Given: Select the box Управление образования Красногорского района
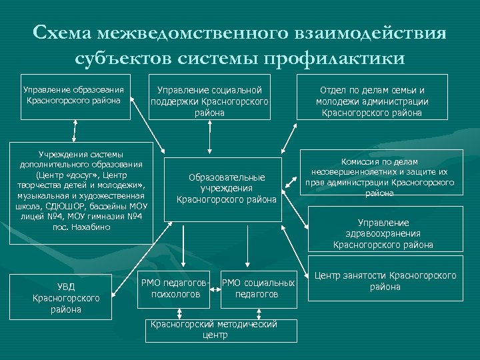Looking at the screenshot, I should tap(73, 97).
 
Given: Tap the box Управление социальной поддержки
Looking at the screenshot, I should tap(209, 97).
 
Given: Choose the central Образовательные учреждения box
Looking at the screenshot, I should tap(226, 188).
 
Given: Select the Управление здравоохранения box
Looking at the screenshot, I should tap(383, 233).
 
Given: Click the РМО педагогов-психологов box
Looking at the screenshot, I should tap(177, 288).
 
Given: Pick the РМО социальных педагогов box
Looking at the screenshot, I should tap(257, 288).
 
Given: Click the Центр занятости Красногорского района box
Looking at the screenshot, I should tap(385, 281).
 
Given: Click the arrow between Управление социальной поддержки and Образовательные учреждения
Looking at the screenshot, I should tap(210, 138).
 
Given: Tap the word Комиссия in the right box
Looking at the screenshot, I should tap(360, 161).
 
